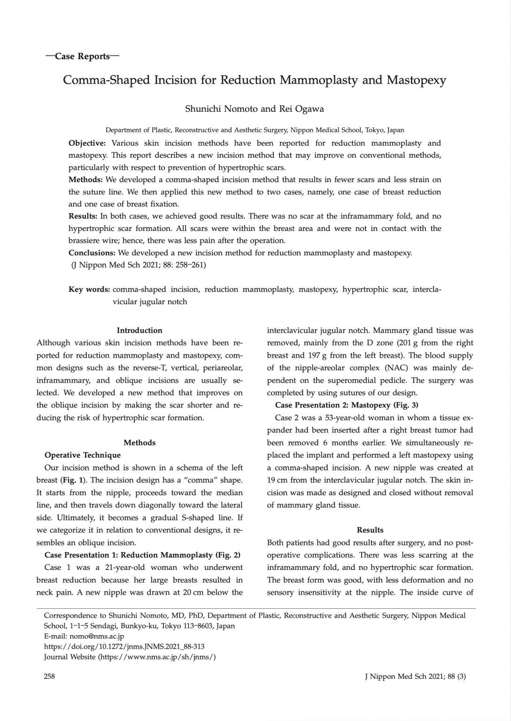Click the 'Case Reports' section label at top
click(x=82, y=57)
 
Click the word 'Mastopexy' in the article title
click(x=416, y=80)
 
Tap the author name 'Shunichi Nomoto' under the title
click(x=221, y=109)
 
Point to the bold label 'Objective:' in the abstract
click(x=87, y=143)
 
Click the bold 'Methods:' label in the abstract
click(x=85, y=180)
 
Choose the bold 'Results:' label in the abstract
click(x=83, y=216)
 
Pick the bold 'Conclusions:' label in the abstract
click(x=92, y=253)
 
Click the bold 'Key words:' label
click(x=89, y=290)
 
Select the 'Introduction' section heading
click(x=139, y=330)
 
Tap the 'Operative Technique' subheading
click(x=83, y=455)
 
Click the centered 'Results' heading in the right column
click(x=370, y=530)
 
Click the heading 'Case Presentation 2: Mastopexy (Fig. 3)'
click(x=347, y=405)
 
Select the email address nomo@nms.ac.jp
click(x=97, y=637)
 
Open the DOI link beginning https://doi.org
click(x=124, y=647)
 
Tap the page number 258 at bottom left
click(x=49, y=676)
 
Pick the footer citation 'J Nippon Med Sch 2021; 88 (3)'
click(x=415, y=676)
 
